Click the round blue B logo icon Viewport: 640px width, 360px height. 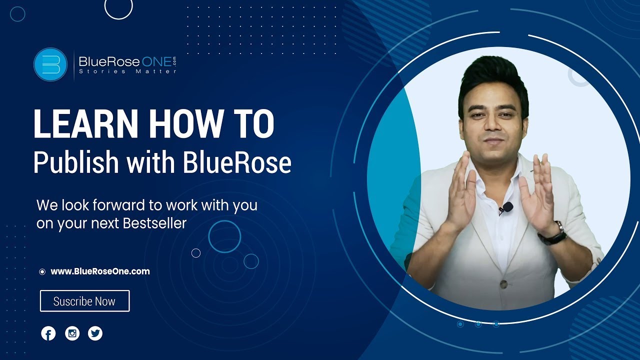(50, 64)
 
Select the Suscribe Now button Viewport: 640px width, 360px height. (84, 301)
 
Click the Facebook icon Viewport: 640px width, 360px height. (48, 333)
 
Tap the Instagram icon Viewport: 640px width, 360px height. (72, 333)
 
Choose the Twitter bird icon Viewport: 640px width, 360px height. (95, 333)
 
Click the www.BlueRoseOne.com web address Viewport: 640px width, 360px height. (100, 271)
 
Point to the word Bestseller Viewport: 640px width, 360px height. (154, 223)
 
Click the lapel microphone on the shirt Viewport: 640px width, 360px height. (507, 206)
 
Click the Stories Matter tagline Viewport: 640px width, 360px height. (127, 72)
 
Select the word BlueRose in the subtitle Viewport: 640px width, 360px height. (236, 163)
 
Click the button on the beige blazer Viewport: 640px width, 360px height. (504, 284)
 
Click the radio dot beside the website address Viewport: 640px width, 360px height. (42, 272)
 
